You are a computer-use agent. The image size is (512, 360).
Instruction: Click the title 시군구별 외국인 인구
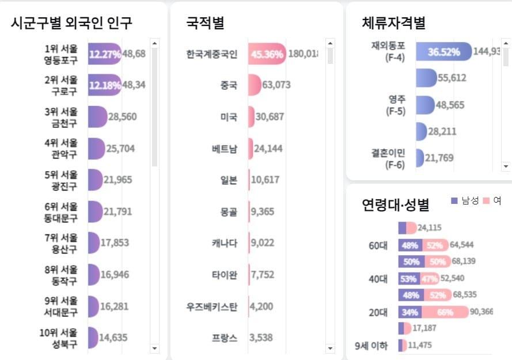tap(71, 22)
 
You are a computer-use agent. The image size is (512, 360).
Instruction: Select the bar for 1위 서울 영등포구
tap(104, 54)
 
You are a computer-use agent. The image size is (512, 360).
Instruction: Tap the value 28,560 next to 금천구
tap(122, 117)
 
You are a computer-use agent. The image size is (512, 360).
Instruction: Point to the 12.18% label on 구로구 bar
tap(105, 85)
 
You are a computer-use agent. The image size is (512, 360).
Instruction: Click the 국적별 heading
tap(205, 22)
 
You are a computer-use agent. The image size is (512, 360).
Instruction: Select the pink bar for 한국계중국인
tap(267, 54)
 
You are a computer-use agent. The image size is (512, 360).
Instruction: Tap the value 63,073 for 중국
tap(276, 85)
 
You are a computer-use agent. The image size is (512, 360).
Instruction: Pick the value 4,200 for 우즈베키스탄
tap(261, 306)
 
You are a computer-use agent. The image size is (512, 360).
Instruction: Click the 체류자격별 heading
tap(393, 22)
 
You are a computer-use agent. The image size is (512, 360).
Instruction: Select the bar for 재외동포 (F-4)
tap(443, 52)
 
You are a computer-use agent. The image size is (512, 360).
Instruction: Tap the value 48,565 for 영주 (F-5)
tap(450, 105)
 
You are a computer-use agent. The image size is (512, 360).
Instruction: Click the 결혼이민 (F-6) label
tap(388, 158)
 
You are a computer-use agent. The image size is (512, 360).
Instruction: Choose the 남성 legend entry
tap(465, 200)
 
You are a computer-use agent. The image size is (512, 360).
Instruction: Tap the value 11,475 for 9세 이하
tap(420, 346)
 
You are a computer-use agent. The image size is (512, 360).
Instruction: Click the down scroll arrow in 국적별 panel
tap(330, 348)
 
